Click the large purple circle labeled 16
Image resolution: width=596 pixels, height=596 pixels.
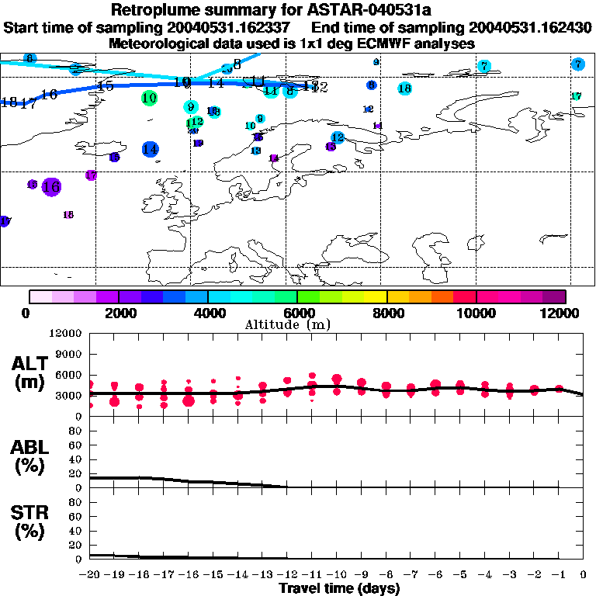pyautogui.click(x=51, y=186)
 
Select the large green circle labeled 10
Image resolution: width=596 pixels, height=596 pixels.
pyautogui.click(x=150, y=98)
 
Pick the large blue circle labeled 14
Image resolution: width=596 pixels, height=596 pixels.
pyautogui.click(x=151, y=149)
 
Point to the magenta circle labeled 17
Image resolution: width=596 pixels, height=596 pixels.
pyautogui.click(x=91, y=175)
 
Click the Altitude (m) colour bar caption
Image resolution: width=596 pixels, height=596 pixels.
pyautogui.click(x=298, y=324)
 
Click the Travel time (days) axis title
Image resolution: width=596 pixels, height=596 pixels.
pyautogui.click(x=339, y=589)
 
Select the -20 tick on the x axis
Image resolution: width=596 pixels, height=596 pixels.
pyautogui.click(x=90, y=574)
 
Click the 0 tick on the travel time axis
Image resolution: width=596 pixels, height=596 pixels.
pyautogui.click(x=584, y=574)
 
